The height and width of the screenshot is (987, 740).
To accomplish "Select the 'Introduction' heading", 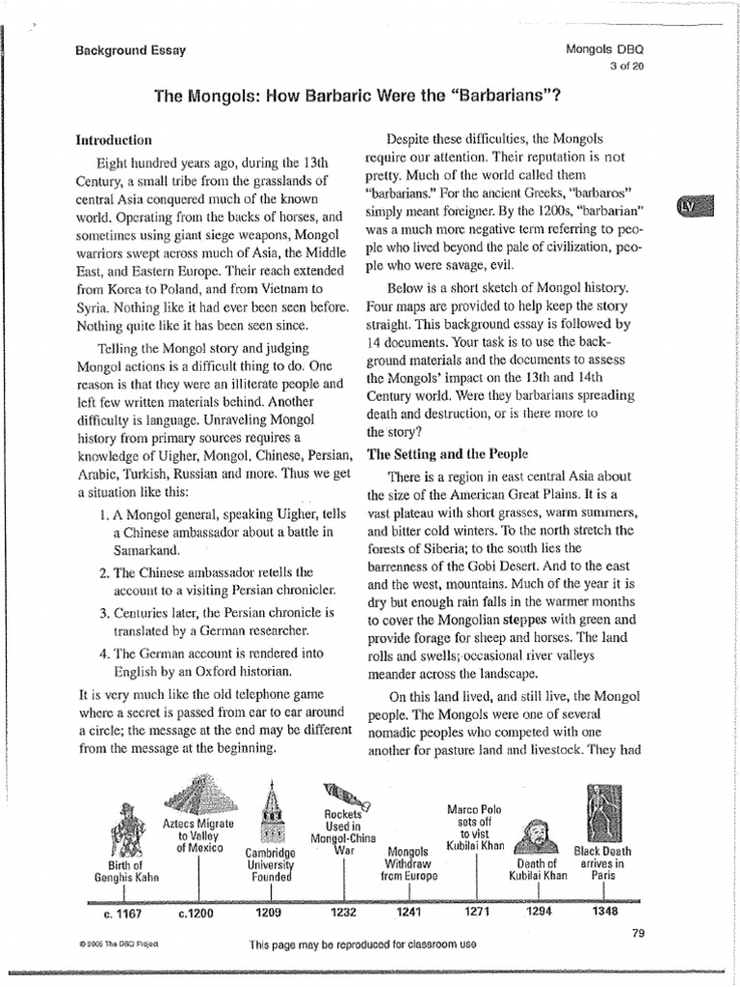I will tap(114, 140).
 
